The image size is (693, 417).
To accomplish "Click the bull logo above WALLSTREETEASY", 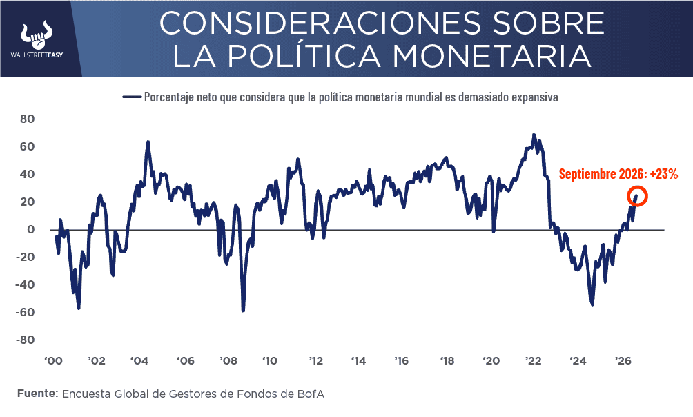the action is (37, 35).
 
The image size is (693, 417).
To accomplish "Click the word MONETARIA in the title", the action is (492, 56).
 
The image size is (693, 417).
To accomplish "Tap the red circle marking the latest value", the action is (637, 196).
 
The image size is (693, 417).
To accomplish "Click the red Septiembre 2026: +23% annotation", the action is (618, 174).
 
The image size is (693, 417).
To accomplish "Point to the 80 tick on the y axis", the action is (27, 119).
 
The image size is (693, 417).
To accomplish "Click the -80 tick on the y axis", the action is (25, 340).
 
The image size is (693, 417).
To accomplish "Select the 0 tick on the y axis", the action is (30, 229).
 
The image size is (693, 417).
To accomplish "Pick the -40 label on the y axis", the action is (25, 284).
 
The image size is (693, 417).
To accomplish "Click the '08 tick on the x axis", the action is (228, 361).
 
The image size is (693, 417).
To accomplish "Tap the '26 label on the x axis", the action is (623, 361).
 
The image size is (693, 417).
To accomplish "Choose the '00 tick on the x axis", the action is (53, 361).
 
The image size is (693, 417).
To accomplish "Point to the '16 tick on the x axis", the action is (401, 361).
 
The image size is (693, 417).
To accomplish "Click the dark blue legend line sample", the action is (132, 97).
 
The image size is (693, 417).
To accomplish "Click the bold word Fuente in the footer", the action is (37, 394).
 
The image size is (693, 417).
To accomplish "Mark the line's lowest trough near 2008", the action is (243, 311).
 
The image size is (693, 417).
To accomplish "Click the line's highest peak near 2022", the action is (534, 135).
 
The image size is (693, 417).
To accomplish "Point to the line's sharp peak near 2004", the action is (148, 142).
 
